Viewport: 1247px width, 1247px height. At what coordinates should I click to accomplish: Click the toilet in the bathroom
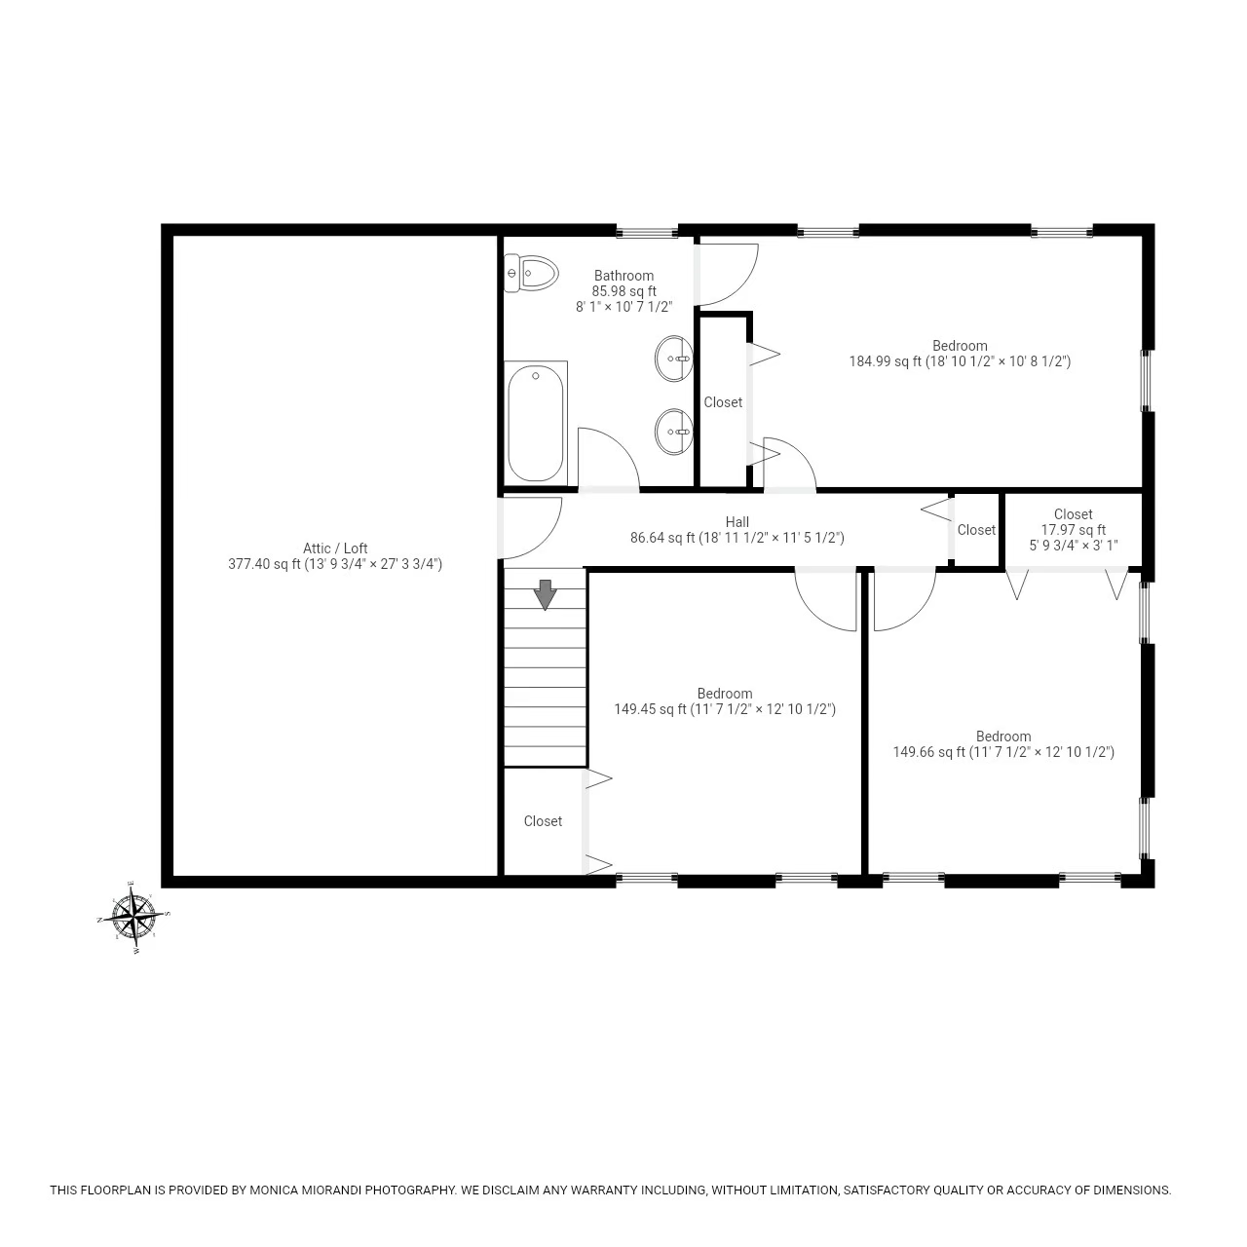[532, 274]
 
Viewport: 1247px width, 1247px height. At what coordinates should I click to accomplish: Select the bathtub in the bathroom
[536, 423]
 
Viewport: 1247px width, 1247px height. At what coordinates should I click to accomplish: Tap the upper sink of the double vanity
[673, 359]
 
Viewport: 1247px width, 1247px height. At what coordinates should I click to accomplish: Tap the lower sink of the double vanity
[673, 432]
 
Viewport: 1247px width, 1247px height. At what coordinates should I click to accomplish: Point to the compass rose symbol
[134, 917]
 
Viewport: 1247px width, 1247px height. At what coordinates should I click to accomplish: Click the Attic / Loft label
[335, 548]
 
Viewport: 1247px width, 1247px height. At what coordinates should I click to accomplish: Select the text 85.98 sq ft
[623, 291]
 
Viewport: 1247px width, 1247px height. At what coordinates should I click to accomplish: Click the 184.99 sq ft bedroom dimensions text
[960, 361]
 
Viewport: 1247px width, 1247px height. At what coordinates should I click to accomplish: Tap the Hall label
[737, 522]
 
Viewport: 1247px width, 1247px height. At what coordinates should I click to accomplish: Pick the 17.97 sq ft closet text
[1073, 530]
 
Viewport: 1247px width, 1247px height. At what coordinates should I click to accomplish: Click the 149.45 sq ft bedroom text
[724, 710]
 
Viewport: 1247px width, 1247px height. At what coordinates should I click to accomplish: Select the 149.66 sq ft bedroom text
[1003, 752]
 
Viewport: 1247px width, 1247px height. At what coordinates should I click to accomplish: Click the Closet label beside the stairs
[543, 821]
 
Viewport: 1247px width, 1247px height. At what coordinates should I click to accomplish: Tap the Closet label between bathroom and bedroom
[723, 402]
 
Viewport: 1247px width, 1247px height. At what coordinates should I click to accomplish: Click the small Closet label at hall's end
[976, 530]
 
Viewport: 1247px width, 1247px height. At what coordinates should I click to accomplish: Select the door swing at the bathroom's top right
[729, 273]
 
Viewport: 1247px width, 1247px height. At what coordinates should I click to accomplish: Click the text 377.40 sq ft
[264, 564]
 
